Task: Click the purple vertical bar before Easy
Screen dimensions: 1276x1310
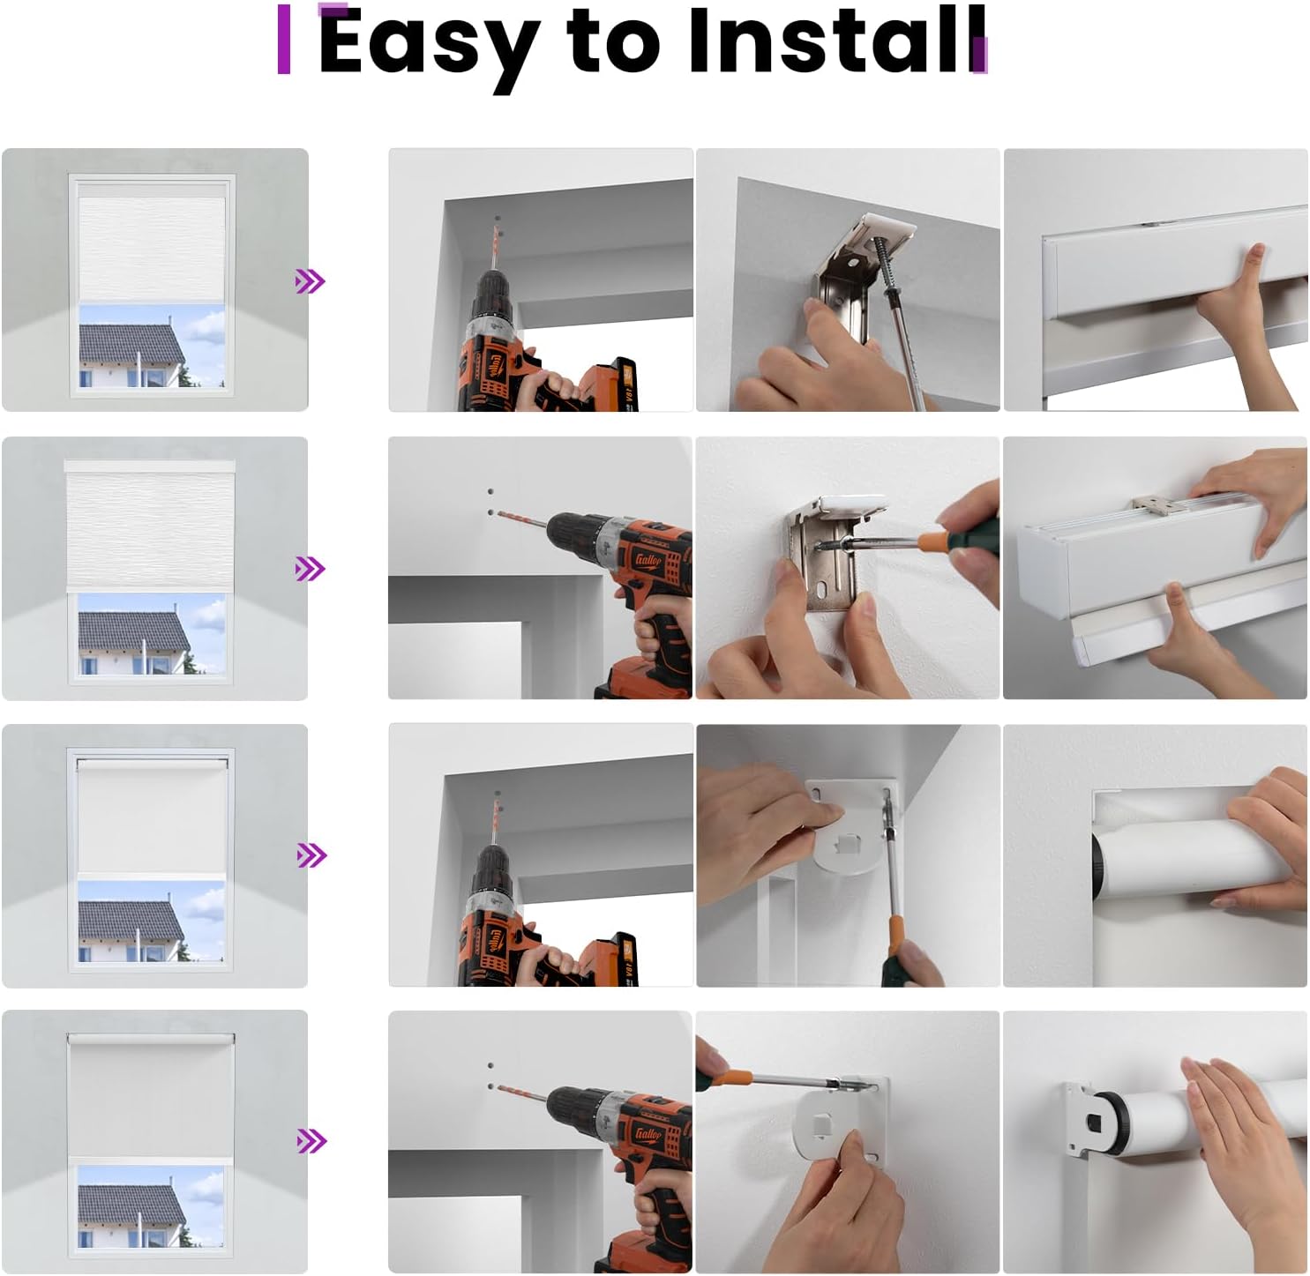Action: (284, 39)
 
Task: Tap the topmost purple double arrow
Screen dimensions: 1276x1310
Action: (310, 281)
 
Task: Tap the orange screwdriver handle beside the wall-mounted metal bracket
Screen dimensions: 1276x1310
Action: (936, 539)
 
